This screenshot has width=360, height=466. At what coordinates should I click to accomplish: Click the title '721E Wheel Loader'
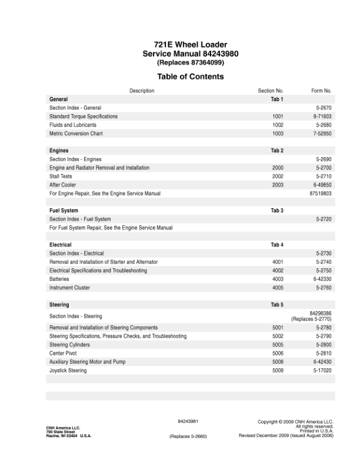(190, 45)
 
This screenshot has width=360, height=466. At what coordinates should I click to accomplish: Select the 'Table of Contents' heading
(190, 76)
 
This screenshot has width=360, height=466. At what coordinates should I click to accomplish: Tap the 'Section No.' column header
(271, 91)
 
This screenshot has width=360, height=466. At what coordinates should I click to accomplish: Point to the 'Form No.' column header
(321, 91)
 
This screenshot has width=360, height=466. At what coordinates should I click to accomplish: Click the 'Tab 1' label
(277, 99)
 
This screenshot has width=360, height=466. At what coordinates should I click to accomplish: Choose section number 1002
(278, 125)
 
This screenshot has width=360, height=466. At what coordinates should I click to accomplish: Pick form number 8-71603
(324, 116)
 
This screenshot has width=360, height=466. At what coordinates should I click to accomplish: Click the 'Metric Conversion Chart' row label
(76, 134)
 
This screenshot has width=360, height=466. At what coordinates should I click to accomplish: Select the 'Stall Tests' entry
(61, 176)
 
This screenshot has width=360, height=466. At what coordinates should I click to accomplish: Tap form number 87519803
(320, 193)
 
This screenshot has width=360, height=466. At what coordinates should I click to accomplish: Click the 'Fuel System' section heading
(64, 210)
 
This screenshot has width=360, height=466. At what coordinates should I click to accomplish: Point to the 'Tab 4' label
(277, 244)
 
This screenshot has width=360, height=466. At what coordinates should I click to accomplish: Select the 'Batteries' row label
(59, 278)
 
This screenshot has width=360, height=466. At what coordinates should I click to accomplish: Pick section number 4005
(278, 287)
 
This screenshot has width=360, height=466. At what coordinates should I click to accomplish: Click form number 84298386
(320, 313)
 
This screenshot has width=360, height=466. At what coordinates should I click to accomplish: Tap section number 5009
(278, 370)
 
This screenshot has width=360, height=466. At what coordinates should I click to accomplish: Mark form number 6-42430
(324, 361)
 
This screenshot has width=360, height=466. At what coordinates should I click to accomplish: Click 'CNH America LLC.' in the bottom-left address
(63, 428)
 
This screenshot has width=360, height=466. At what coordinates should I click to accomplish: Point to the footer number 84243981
(188, 421)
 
